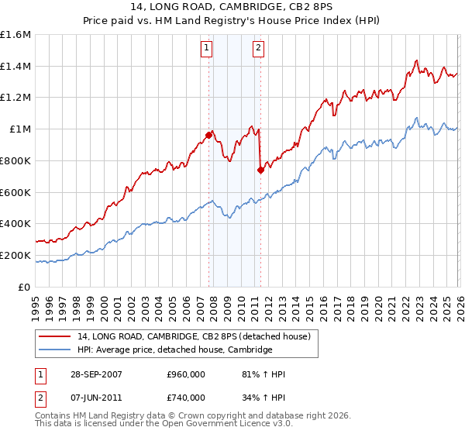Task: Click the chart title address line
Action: tap(232, 8)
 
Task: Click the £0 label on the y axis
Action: tap(25, 287)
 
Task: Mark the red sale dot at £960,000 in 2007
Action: tap(208, 136)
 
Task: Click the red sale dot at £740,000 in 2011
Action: tap(260, 170)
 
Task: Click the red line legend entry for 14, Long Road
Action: tap(194, 336)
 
